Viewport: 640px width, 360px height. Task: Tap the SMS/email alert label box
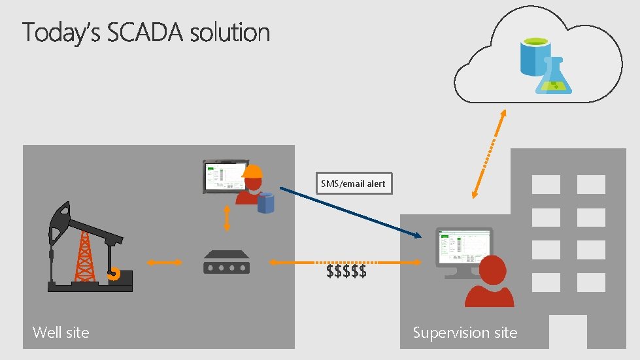(353, 184)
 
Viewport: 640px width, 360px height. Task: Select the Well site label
(61, 333)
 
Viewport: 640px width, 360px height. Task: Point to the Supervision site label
(465, 333)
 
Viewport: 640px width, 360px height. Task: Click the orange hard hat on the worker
(252, 171)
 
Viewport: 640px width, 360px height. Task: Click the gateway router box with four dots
(226, 263)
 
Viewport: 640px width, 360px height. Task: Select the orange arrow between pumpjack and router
(163, 263)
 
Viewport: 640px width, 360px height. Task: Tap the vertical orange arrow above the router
(227, 218)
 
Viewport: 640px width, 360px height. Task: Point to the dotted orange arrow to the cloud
(489, 154)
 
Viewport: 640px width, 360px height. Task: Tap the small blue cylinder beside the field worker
(265, 203)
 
